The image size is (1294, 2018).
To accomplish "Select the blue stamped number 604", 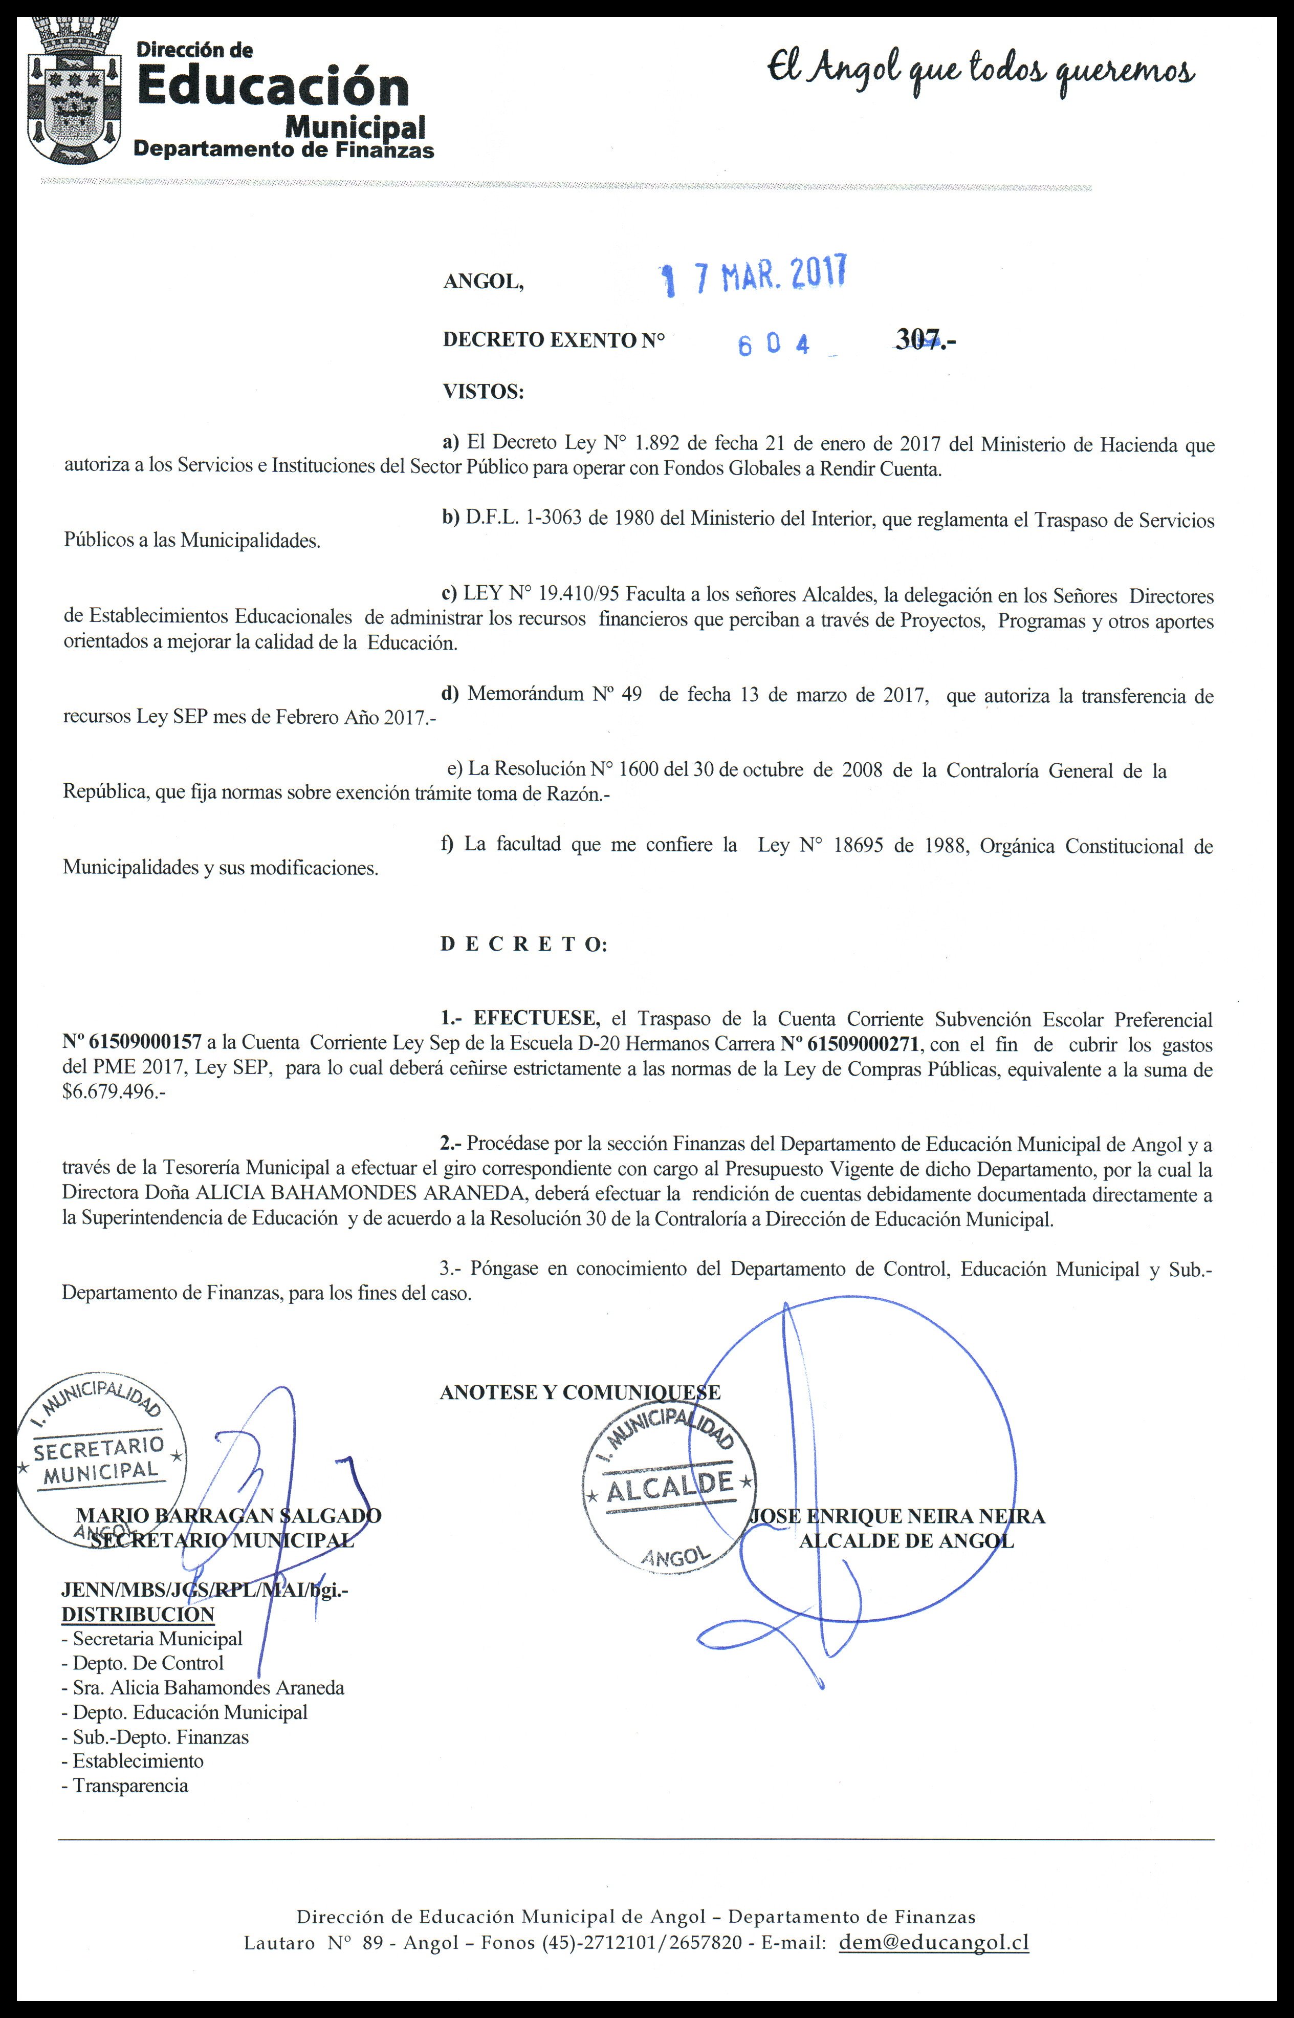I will click(774, 344).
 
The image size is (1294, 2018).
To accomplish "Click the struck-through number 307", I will click(920, 339).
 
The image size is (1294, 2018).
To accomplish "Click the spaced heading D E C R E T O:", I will click(522, 944).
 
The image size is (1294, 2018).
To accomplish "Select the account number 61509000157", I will click(132, 1043).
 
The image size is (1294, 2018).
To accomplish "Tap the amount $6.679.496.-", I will click(114, 1092).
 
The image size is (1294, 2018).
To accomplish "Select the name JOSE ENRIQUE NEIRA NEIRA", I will click(897, 1516).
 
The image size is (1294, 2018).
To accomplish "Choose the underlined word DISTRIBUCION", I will click(138, 1615).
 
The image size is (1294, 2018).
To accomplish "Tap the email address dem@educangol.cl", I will click(933, 1942).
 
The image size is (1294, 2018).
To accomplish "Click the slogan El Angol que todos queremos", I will click(980, 72).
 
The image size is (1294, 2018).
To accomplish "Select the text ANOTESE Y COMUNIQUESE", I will click(580, 1392).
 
